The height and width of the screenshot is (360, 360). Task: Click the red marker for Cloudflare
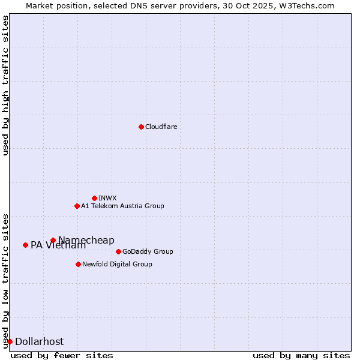click(141, 127)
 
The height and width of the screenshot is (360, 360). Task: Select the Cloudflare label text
click(161, 127)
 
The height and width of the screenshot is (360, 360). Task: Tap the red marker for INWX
click(94, 198)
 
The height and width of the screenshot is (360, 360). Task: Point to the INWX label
click(107, 198)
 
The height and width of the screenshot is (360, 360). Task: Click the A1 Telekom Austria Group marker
click(77, 206)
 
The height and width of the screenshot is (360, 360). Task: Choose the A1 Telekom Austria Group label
click(122, 206)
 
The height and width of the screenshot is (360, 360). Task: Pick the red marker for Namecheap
click(53, 240)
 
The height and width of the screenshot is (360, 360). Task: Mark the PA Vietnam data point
click(25, 245)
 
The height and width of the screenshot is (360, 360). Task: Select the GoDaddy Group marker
click(118, 251)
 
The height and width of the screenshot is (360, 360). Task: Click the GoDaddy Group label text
click(148, 251)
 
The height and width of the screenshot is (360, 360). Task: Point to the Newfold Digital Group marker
click(78, 264)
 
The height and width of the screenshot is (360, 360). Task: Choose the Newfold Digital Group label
click(117, 264)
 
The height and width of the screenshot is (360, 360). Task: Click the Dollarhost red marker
click(10, 341)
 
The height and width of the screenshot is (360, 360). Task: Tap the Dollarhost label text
click(39, 341)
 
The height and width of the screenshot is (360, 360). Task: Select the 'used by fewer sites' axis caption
click(62, 355)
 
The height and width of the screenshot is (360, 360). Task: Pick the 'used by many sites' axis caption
click(301, 355)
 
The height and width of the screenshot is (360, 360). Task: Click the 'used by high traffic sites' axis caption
click(5, 85)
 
